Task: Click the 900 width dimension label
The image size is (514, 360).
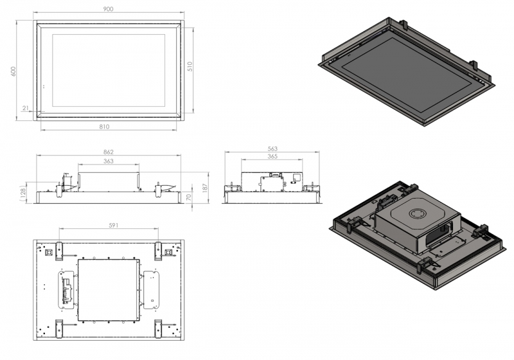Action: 108,9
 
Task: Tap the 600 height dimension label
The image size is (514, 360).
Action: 13,71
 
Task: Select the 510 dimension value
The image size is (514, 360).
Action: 190,66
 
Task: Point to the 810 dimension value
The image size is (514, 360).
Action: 104,127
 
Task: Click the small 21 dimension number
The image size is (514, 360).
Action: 26,108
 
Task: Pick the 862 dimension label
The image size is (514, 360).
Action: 109,152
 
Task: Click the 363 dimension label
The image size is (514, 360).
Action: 108,161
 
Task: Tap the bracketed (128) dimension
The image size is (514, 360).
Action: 22,194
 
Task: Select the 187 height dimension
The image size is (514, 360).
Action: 206,188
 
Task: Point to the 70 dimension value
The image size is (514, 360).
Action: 188,197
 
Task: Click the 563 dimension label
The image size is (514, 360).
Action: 272,148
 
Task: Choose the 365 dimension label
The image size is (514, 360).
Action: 272,156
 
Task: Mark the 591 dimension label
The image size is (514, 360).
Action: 114,225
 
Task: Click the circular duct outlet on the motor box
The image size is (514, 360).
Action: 419,215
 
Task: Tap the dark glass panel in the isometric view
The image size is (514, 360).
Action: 407,74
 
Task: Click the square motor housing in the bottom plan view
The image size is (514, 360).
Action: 109,290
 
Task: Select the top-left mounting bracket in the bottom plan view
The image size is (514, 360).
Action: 58,251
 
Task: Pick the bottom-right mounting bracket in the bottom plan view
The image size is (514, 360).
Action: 158,328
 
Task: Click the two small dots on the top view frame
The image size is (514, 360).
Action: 44,87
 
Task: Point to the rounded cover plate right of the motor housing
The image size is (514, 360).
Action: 152,290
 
